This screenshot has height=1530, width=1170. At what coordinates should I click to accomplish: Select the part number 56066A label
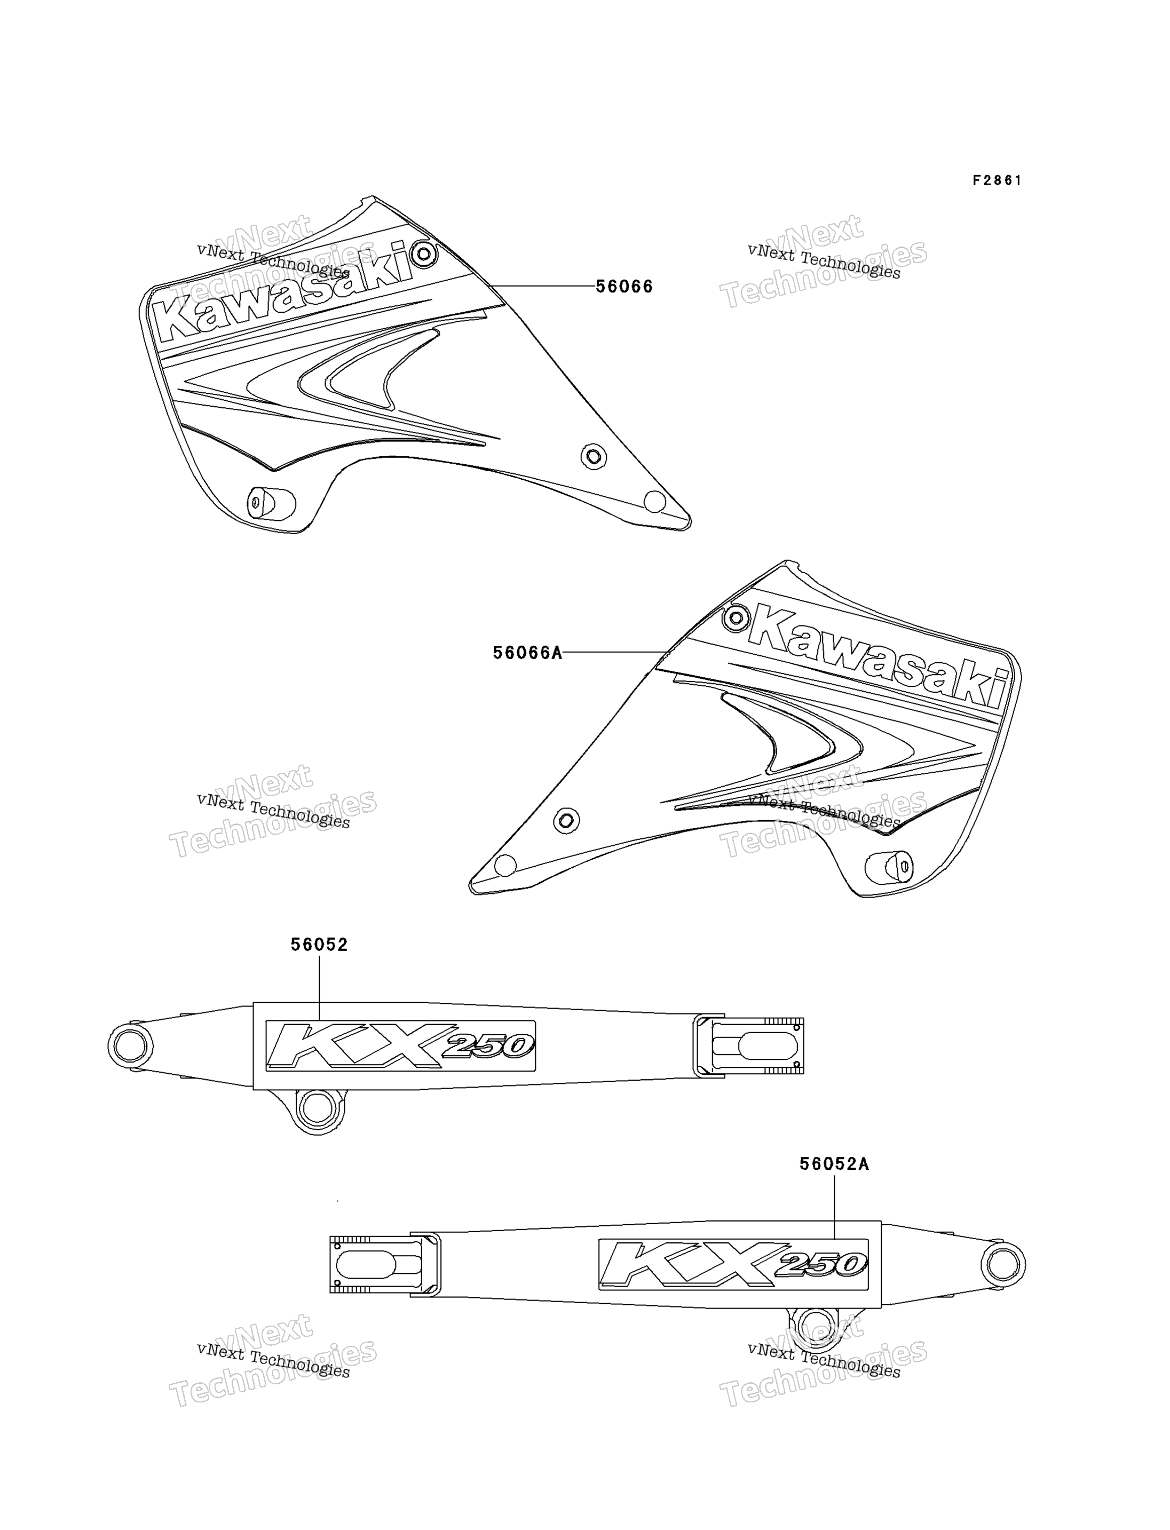(527, 653)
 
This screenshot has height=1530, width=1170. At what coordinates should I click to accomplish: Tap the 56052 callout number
(319, 945)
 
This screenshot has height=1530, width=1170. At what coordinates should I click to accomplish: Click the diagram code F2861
(997, 180)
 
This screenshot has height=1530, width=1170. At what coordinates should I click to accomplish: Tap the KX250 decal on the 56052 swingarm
(400, 1045)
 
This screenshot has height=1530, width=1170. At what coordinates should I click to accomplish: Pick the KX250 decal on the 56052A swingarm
(733, 1264)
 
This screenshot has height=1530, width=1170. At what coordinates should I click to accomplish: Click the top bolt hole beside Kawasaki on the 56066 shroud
(423, 253)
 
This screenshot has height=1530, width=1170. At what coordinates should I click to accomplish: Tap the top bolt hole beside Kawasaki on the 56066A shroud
(736, 618)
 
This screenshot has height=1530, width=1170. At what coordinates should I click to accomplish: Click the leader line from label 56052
(319, 989)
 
